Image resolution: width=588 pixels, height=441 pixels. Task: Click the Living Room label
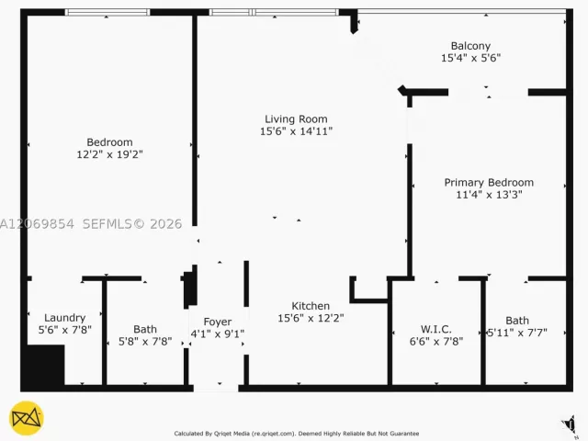tap(296, 119)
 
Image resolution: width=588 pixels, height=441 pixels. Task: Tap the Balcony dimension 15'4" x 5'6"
tap(470, 58)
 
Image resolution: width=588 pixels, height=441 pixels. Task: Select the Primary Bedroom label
tap(489, 183)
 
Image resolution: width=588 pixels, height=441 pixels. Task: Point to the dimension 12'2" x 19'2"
tap(110, 154)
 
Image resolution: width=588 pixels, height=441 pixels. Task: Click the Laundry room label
tap(65, 318)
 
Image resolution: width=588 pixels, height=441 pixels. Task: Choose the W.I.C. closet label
tap(435, 329)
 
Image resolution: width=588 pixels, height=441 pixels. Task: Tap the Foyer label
tap(218, 322)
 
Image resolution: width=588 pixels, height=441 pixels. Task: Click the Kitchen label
tap(311, 306)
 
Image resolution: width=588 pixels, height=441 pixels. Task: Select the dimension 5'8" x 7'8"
tap(145, 341)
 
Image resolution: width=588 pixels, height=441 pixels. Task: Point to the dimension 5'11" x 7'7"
tap(517, 333)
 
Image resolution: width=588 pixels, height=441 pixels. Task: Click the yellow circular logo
tap(27, 418)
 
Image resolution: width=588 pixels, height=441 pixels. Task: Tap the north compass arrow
tap(570, 425)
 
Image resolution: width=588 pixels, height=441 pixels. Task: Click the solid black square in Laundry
tap(42, 366)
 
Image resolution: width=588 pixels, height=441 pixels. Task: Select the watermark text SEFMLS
tap(107, 224)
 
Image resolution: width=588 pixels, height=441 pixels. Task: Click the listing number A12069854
tap(37, 224)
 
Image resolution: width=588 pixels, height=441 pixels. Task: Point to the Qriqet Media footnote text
tap(296, 434)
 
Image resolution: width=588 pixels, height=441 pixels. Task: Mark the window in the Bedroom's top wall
tap(107, 12)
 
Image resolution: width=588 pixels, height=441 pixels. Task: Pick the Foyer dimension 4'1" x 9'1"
tap(218, 334)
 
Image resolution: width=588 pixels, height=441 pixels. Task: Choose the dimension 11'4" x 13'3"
tap(489, 195)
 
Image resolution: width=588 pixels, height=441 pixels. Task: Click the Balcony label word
tap(470, 46)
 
